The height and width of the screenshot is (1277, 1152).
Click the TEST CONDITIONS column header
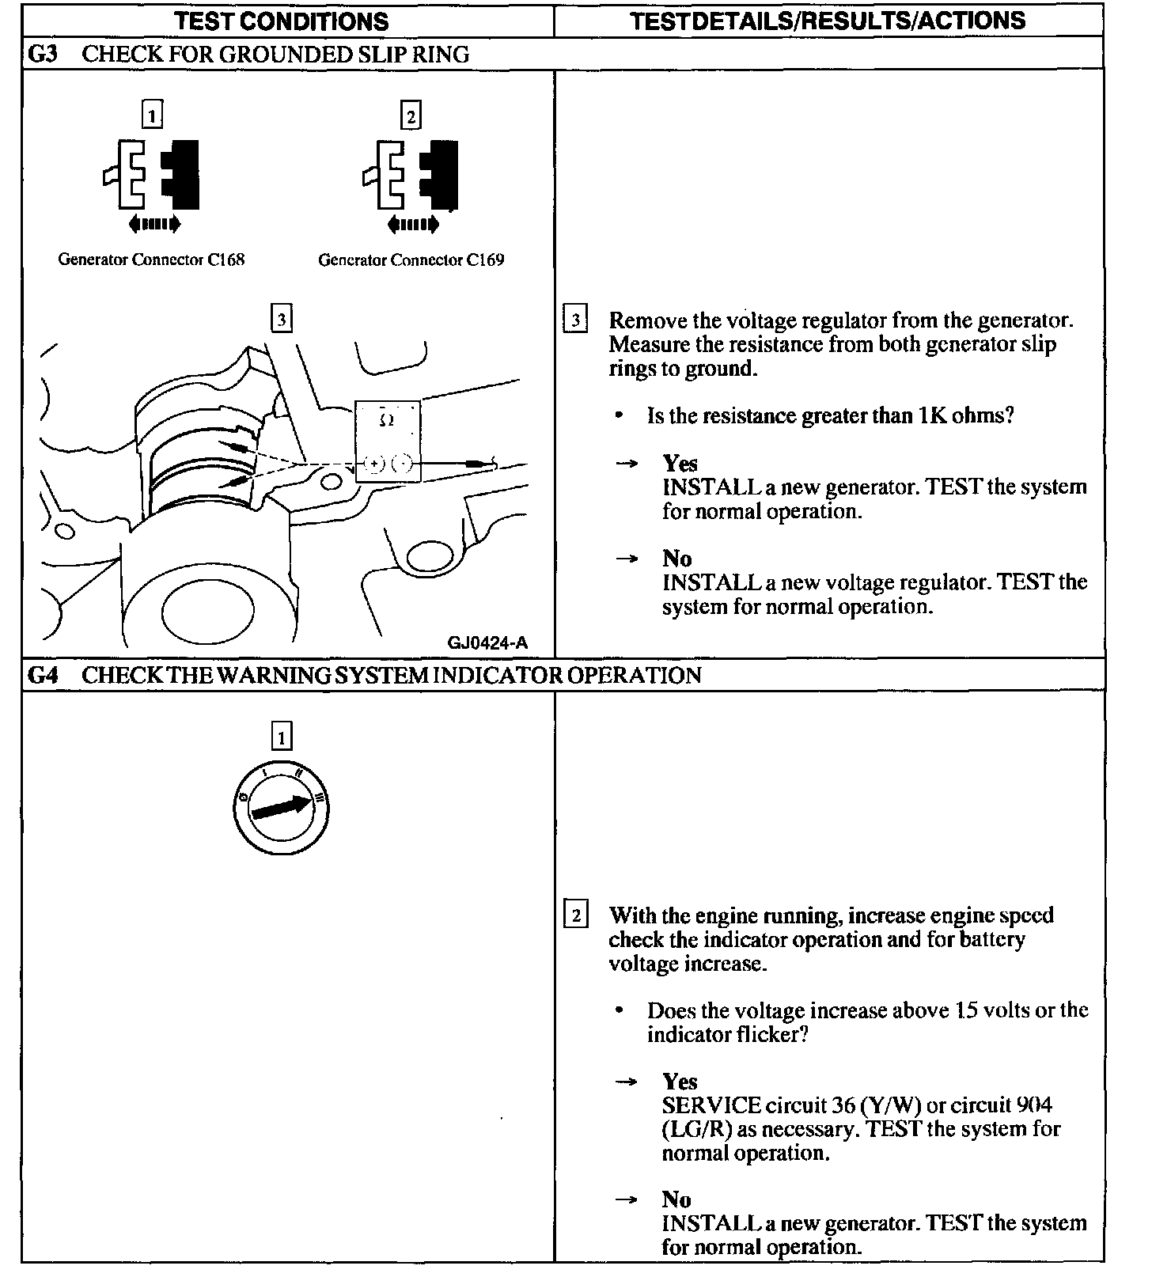click(x=282, y=21)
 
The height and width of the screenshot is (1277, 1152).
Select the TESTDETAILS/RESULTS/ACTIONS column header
click(x=828, y=21)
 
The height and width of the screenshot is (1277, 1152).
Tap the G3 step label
click(x=42, y=55)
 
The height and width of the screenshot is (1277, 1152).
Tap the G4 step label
click(x=42, y=675)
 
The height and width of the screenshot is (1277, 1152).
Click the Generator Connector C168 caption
click(x=151, y=260)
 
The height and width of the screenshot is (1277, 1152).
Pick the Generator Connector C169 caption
click(x=411, y=260)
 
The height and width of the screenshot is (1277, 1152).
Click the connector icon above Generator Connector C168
click(x=152, y=178)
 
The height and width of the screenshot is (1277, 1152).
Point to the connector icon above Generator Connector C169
click(x=411, y=178)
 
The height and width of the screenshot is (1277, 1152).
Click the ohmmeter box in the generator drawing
click(x=388, y=441)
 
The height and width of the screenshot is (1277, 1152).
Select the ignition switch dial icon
click(x=282, y=809)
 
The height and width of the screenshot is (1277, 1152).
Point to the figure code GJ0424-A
click(x=487, y=642)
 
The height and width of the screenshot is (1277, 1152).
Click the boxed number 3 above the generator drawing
click(x=281, y=320)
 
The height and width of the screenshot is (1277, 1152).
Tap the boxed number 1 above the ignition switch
click(x=281, y=737)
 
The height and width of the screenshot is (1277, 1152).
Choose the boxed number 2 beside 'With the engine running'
click(x=575, y=916)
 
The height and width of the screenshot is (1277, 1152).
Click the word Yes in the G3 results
click(x=680, y=463)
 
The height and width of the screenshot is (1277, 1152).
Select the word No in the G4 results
click(x=676, y=1199)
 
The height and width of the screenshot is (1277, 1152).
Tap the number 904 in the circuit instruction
click(x=1034, y=1105)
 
